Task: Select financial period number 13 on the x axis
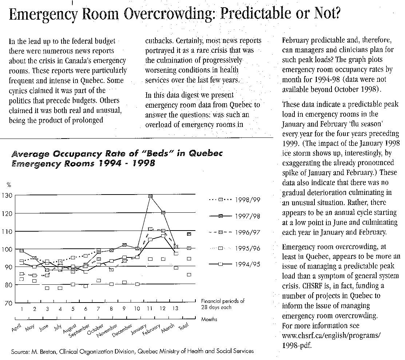coord(175,309)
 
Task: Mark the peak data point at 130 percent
coord(150,196)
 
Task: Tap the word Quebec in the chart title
coord(205,153)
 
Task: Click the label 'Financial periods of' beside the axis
coord(223,301)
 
